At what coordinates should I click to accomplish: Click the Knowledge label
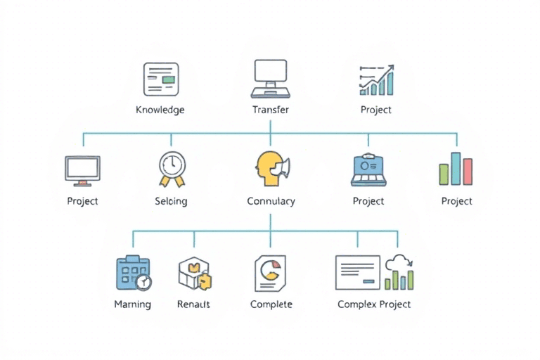(160, 110)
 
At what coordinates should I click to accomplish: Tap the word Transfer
(270, 110)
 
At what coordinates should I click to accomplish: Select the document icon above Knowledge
(160, 79)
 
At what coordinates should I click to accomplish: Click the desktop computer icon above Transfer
(271, 77)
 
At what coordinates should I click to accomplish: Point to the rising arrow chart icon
(376, 79)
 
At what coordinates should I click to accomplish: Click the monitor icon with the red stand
(82, 171)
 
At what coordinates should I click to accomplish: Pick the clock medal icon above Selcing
(172, 169)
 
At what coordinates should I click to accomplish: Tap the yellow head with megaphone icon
(271, 169)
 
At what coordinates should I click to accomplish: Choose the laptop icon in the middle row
(368, 170)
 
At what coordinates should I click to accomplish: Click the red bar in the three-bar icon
(468, 171)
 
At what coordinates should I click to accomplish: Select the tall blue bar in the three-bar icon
(456, 168)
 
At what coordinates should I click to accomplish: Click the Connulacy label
(271, 201)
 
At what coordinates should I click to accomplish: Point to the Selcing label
(171, 201)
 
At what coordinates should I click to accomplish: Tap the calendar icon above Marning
(133, 273)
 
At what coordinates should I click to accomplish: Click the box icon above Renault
(194, 273)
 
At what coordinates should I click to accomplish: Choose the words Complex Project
(374, 304)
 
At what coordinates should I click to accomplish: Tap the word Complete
(271, 304)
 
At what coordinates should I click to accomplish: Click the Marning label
(132, 304)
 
